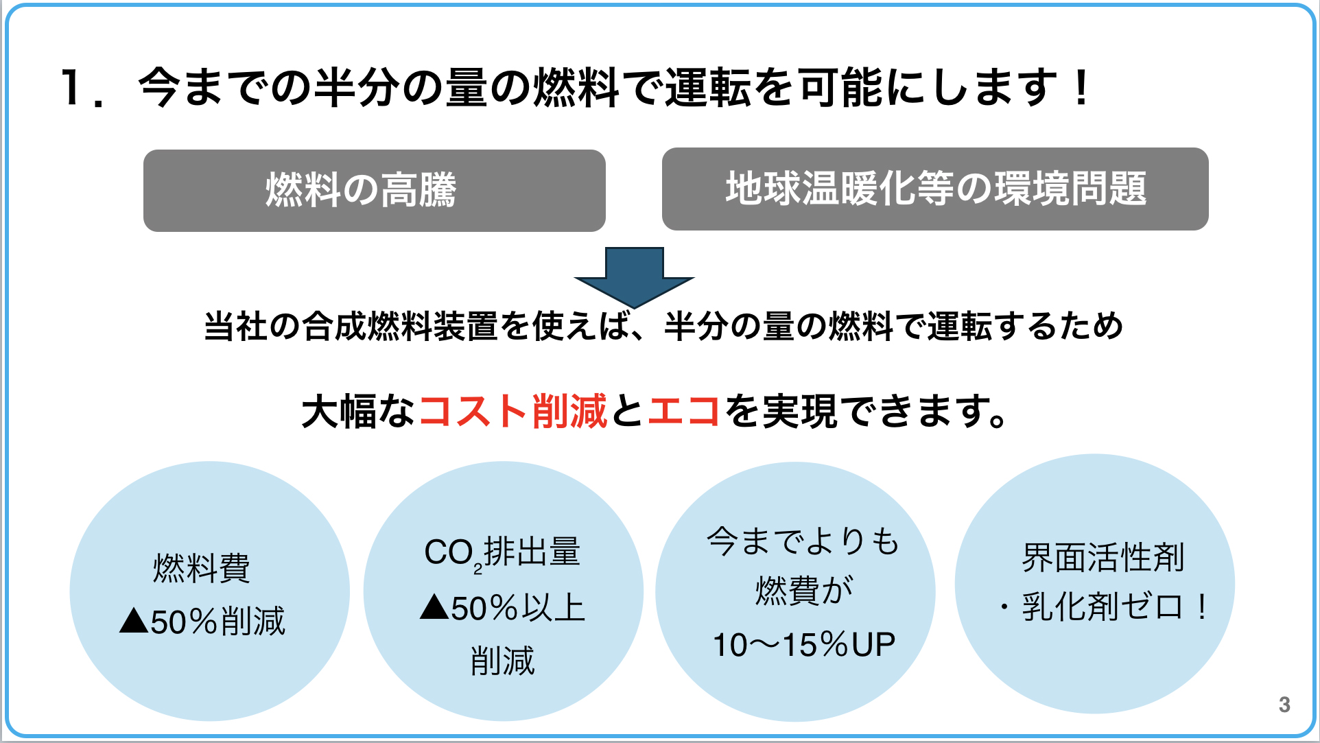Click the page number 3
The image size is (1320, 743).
click(x=1284, y=704)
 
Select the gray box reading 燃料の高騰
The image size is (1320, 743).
click(x=374, y=191)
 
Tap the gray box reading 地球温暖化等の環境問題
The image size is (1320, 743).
click(x=934, y=189)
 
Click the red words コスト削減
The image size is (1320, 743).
click(x=512, y=412)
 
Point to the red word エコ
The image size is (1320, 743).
click(x=683, y=412)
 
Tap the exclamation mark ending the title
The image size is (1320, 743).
click(x=1082, y=88)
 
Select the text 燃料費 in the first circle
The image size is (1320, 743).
click(x=202, y=568)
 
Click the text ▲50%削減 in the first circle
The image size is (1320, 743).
click(x=202, y=622)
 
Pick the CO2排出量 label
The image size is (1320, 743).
click(x=502, y=553)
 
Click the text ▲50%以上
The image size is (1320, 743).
click(x=502, y=608)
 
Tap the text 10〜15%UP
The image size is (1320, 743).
click(x=803, y=645)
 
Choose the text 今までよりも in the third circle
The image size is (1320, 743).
click(x=803, y=541)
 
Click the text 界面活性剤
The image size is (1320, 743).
click(x=1103, y=557)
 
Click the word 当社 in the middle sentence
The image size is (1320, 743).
click(x=236, y=326)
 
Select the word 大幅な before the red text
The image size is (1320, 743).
click(x=358, y=412)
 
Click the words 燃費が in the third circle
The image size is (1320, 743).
click(x=803, y=591)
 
